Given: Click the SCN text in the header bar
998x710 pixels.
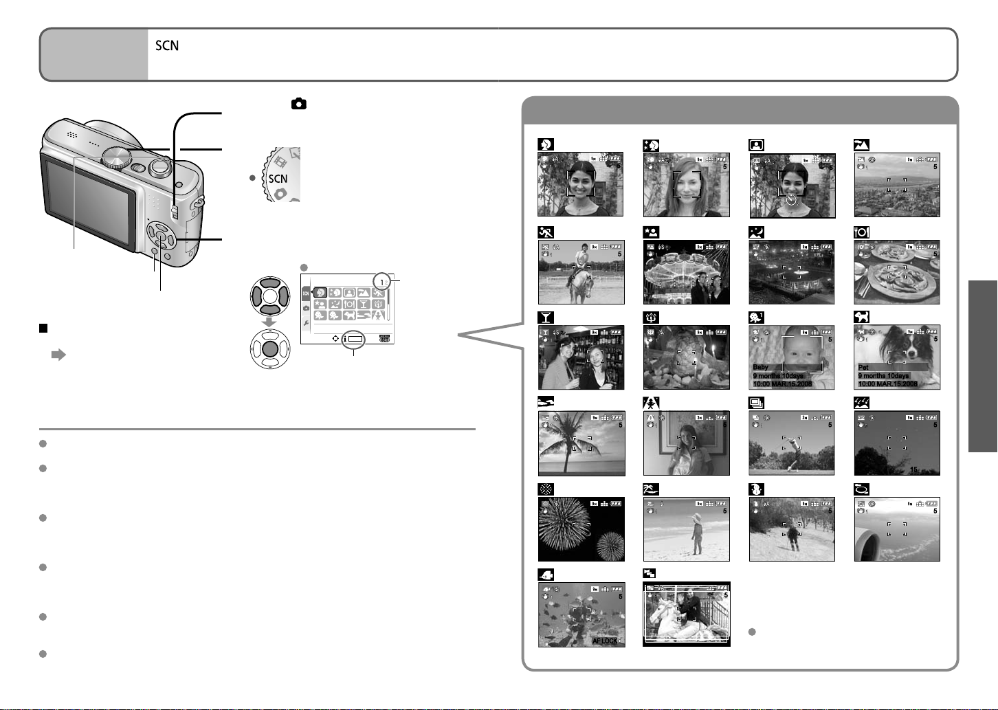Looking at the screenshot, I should [x=167, y=46].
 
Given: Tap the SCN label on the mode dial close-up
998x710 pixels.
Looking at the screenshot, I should [x=278, y=179].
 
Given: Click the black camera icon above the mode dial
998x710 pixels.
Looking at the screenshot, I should [x=298, y=104].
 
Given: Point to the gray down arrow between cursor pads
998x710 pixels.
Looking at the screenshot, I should [x=271, y=321].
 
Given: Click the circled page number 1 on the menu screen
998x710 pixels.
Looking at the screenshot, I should [x=381, y=282].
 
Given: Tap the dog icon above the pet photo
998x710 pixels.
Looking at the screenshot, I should [x=861, y=317].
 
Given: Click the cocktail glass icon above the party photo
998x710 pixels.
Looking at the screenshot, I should [x=545, y=317].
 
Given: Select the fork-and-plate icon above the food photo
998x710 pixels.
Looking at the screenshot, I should [x=861, y=232].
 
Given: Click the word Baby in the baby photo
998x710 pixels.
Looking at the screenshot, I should [x=761, y=367].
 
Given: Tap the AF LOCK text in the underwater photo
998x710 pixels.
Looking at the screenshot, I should [x=605, y=641].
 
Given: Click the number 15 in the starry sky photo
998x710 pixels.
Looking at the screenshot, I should [x=914, y=470].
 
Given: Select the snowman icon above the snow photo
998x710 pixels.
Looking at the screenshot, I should [x=756, y=489].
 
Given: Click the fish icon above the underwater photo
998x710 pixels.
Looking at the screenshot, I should [x=546, y=575].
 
